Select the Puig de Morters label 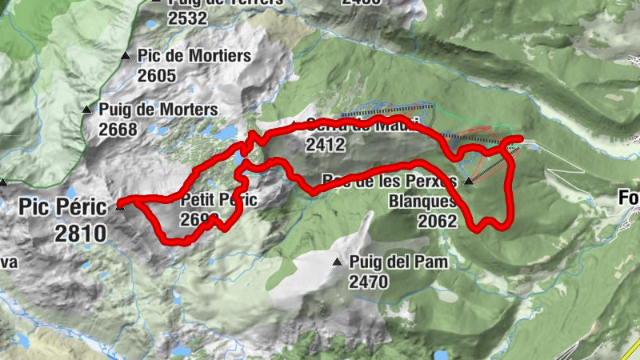158,110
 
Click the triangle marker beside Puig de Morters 86,110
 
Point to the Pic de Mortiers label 194,57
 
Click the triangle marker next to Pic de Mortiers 125,56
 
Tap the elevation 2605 157,76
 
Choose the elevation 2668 118,129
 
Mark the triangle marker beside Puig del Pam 338,262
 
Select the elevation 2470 368,282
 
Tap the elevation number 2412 325,145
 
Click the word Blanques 422,201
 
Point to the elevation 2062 437,221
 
